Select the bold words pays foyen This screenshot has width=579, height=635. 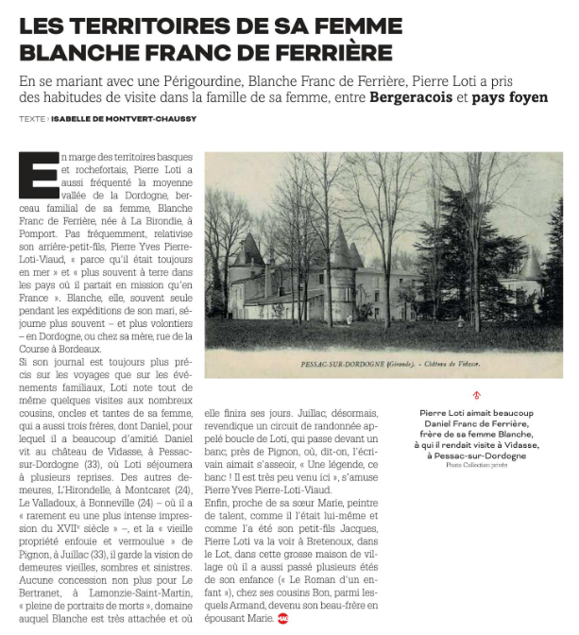[512, 97]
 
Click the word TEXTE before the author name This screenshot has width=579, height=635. [31, 119]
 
